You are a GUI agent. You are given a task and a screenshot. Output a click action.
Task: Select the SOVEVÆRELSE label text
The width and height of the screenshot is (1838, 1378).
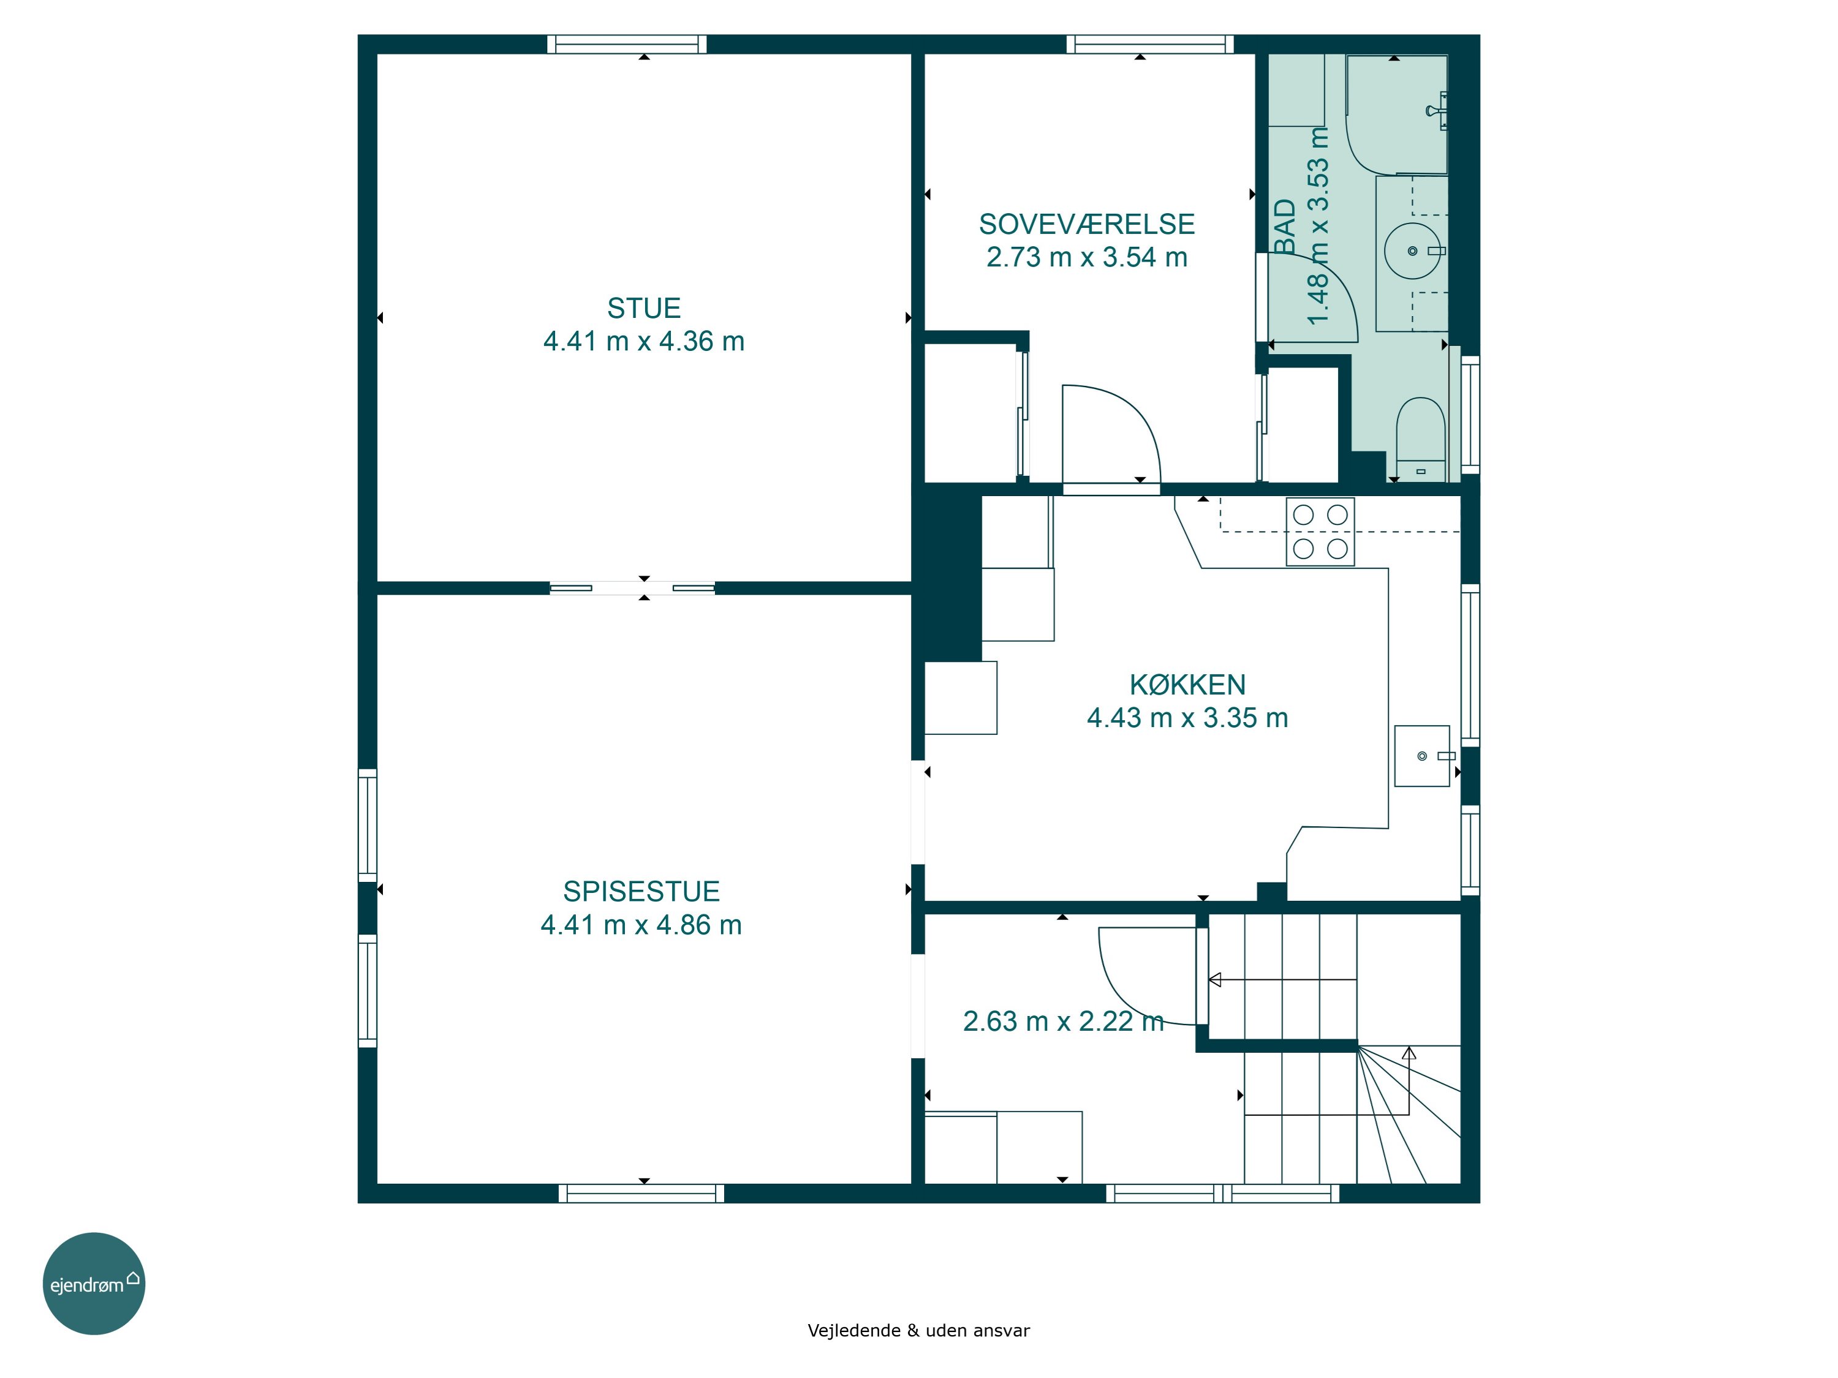tap(1087, 224)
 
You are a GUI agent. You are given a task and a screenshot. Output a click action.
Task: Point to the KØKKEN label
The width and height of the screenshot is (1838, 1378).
tap(1187, 685)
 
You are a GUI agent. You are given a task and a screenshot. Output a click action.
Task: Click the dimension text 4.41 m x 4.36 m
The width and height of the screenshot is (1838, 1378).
tap(644, 341)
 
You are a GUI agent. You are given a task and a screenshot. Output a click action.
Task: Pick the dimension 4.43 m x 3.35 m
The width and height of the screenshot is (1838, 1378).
tap(1187, 718)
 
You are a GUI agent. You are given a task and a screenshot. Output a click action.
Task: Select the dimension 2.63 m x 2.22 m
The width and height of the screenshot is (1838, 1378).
tap(1063, 1021)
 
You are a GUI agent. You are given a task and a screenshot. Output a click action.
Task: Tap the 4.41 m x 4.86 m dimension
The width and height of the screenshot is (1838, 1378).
tap(641, 924)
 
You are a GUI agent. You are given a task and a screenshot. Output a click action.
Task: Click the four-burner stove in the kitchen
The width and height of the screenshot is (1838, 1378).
tap(1320, 532)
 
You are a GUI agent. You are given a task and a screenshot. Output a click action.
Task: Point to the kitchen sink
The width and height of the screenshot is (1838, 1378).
tap(1423, 756)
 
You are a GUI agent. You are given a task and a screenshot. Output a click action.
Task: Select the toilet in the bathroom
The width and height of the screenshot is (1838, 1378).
tap(1421, 439)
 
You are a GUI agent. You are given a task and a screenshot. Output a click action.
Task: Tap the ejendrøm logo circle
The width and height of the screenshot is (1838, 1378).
tap(94, 1283)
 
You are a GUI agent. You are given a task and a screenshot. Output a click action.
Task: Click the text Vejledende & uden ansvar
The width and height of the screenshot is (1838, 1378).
tap(918, 1331)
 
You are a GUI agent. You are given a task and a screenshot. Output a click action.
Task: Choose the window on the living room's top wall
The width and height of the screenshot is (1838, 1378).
tap(627, 44)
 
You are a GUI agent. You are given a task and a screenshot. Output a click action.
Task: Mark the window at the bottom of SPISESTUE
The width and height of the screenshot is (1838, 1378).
tap(641, 1194)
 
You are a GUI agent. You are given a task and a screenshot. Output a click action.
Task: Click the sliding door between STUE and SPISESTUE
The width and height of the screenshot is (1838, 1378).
tap(632, 588)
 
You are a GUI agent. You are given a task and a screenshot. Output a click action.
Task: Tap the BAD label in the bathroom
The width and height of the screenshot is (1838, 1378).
tap(1285, 227)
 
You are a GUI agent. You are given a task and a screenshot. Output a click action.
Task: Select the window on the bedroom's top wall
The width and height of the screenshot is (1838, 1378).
tap(1150, 44)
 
